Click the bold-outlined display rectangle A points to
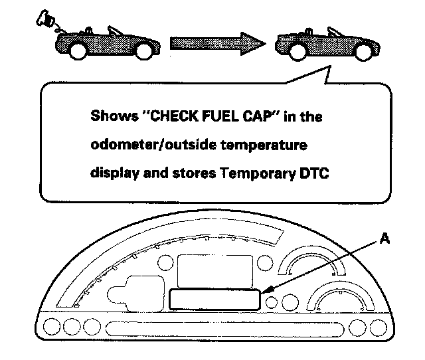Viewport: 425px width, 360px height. (x=214, y=300)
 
